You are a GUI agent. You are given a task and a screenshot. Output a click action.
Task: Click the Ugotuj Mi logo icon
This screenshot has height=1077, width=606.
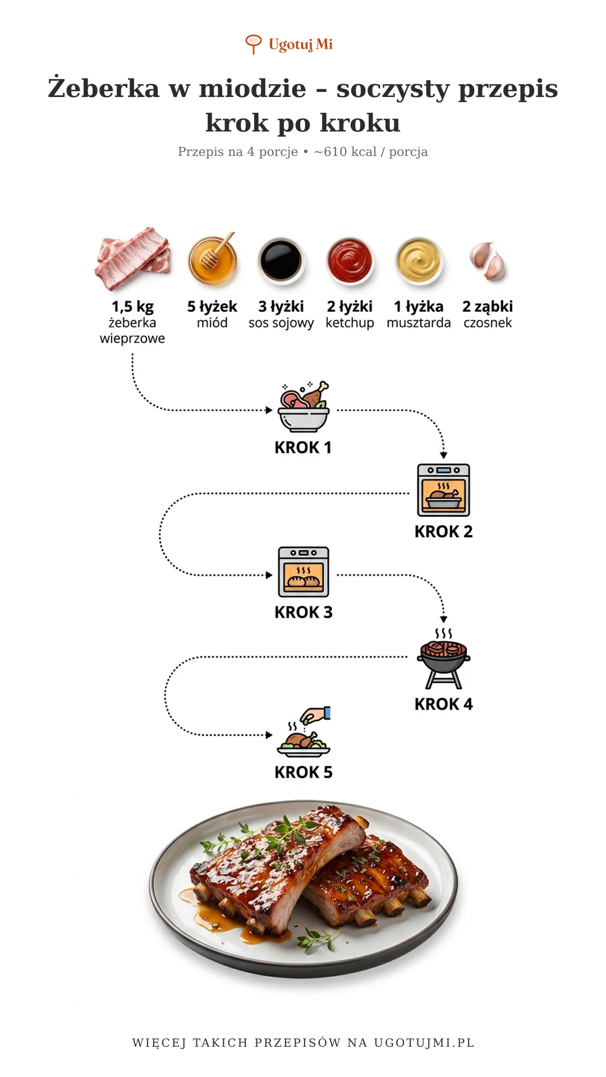[x=254, y=44]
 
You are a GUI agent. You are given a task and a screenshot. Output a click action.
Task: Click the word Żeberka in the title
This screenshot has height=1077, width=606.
[x=104, y=88]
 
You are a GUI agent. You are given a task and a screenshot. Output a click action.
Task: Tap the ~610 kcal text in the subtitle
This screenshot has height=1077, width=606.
[x=345, y=151]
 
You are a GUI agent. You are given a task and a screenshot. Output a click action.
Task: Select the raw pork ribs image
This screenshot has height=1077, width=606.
[x=133, y=259]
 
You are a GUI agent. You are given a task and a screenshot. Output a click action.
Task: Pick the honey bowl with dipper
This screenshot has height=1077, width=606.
[x=213, y=260]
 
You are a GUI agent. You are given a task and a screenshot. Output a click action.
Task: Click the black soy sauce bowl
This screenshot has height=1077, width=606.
[x=281, y=261]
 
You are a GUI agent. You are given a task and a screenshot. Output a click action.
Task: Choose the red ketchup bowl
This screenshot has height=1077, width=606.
[x=350, y=261]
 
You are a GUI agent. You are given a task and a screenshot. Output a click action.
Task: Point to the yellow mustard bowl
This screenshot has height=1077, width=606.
[x=419, y=261]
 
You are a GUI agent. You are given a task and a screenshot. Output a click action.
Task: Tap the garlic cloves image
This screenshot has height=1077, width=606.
[x=488, y=260]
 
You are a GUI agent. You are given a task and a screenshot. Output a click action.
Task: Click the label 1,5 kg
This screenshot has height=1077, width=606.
[x=132, y=307]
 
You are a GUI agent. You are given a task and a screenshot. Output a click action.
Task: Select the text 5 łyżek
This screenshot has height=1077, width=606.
[x=212, y=307]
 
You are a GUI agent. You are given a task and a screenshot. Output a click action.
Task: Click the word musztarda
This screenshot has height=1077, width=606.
[x=419, y=323]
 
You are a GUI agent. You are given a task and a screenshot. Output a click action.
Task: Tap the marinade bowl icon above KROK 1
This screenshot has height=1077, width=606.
[x=304, y=407]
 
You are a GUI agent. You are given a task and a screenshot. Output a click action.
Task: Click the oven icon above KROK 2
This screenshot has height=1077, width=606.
[x=443, y=490]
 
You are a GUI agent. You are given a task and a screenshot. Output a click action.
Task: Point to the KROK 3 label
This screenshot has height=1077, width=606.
[x=304, y=612]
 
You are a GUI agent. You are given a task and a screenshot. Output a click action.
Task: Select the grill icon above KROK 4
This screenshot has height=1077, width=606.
[x=443, y=659]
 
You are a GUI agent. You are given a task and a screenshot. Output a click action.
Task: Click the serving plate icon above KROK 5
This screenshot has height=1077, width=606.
[x=304, y=732]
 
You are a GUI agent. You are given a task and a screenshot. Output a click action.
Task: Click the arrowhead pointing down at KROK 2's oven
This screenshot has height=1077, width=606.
[x=443, y=455]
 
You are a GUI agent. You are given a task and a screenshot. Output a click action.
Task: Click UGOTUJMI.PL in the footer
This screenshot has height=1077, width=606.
[x=424, y=1043]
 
